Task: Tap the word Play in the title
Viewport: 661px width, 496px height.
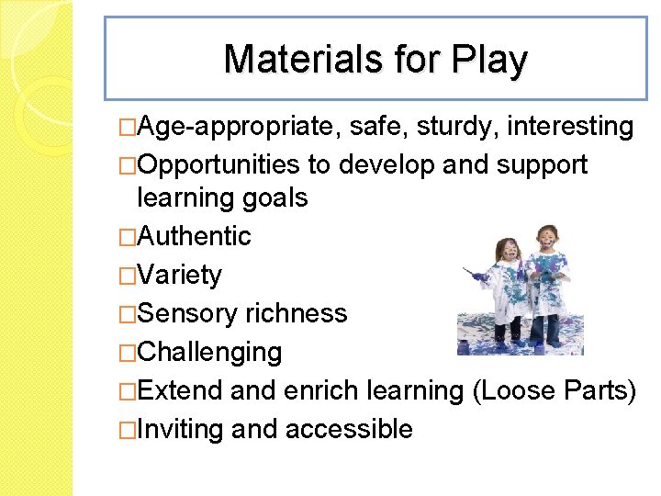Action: (493, 60)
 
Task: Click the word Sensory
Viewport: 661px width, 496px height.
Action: (186, 313)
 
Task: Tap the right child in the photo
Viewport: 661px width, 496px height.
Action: (547, 280)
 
